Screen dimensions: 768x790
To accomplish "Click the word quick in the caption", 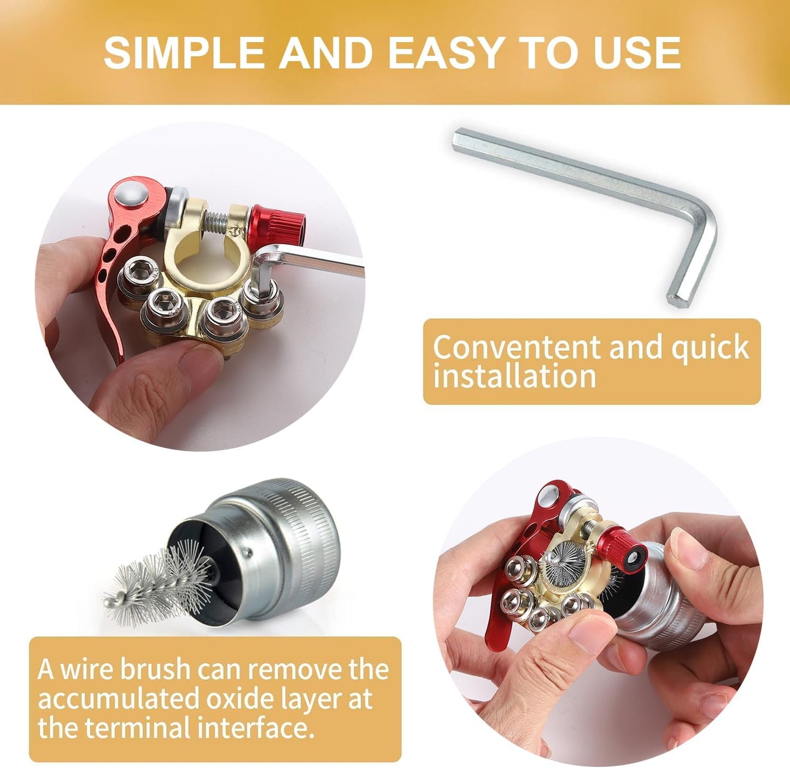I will click(710, 348).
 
